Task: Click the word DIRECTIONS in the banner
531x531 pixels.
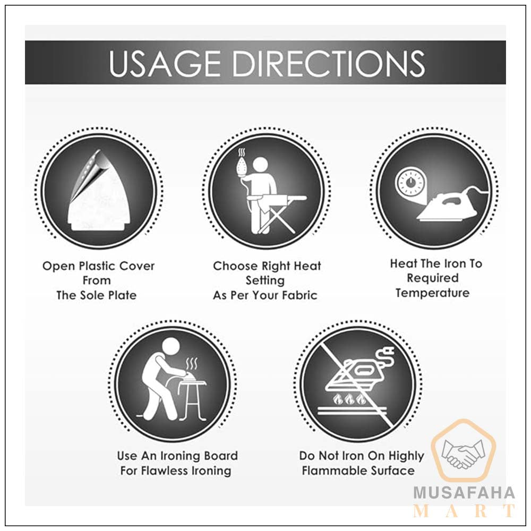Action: [x=329, y=63]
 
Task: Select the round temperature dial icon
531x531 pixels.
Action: [x=410, y=182]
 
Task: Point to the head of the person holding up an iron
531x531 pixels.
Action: [x=262, y=165]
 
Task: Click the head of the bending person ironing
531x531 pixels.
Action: [x=170, y=347]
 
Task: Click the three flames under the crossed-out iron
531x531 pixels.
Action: [x=349, y=400]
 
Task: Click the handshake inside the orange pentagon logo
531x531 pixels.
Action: [x=463, y=452]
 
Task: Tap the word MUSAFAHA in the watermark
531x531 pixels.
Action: [x=464, y=493]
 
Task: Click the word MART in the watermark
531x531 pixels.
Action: [x=464, y=511]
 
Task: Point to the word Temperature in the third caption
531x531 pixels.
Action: [x=432, y=293]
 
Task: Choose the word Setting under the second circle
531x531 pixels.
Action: [x=265, y=281]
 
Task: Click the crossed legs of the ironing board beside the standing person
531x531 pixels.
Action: [x=277, y=216]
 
